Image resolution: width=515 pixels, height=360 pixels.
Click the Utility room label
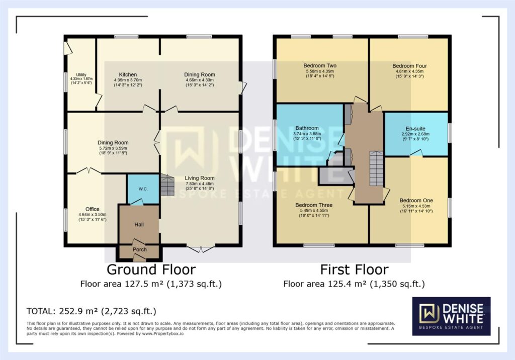[x=81, y=75]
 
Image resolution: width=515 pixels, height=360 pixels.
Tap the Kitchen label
[x=128, y=74]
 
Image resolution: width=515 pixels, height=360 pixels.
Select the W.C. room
[x=143, y=189]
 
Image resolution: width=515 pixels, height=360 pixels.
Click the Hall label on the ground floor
[x=139, y=225]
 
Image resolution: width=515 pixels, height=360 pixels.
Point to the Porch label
[x=140, y=249]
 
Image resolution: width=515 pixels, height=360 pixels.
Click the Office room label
[x=93, y=209]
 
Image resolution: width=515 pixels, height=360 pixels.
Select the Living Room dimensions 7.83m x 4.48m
[x=199, y=184]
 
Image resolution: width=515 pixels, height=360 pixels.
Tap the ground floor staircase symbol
[x=167, y=186]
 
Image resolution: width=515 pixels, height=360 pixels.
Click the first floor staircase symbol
[x=376, y=168]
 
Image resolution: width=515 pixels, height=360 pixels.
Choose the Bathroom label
[x=307, y=128]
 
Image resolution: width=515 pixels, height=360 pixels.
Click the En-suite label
[x=415, y=128]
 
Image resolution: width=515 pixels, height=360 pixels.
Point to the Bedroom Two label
[x=320, y=65]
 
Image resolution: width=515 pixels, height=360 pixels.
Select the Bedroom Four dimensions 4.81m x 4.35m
[x=409, y=71]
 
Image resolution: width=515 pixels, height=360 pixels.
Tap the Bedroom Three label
[x=314, y=205]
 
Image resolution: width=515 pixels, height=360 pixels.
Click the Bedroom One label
[x=416, y=201]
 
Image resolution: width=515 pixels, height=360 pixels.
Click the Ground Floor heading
[x=151, y=269]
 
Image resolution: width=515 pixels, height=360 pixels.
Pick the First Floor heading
[x=355, y=269]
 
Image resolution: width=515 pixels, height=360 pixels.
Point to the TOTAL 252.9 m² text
[x=92, y=311]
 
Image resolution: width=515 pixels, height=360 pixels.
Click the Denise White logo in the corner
[x=451, y=316]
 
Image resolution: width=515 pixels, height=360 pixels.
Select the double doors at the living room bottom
[x=201, y=249]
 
